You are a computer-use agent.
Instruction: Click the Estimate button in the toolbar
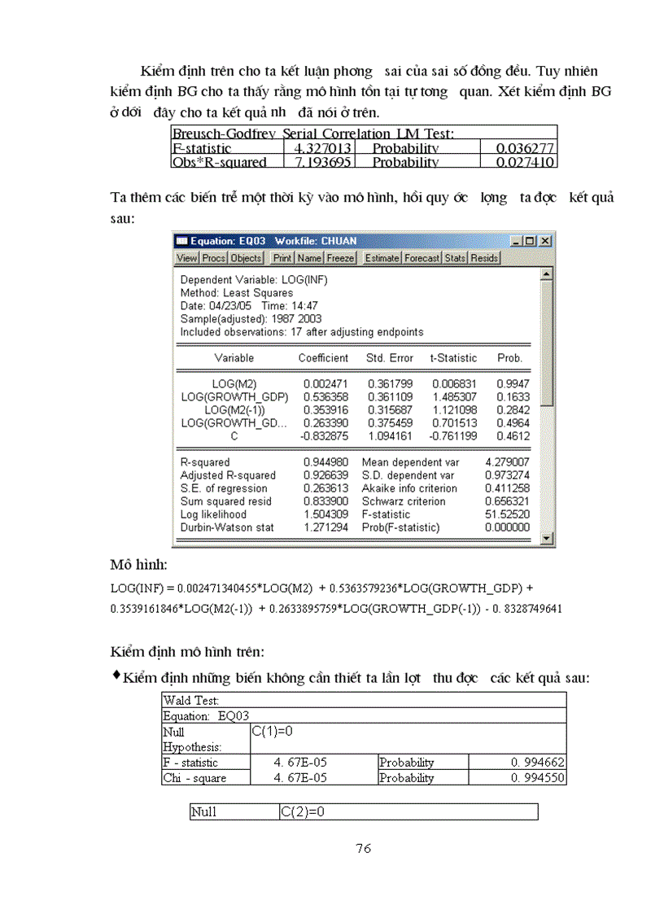point(382,258)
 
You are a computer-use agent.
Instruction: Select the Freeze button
point(340,258)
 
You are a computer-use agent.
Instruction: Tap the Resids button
point(484,258)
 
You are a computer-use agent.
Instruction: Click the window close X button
point(545,242)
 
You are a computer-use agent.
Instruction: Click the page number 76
point(364,848)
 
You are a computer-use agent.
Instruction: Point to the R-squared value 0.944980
point(324,462)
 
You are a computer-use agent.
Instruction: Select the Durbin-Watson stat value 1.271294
point(324,527)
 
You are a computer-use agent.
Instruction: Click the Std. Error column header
point(389,358)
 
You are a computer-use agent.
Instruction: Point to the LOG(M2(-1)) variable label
point(234,409)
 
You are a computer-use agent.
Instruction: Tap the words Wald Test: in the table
point(191,700)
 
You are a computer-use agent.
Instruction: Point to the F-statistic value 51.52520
point(507,514)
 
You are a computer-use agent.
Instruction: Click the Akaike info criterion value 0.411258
point(507,488)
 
